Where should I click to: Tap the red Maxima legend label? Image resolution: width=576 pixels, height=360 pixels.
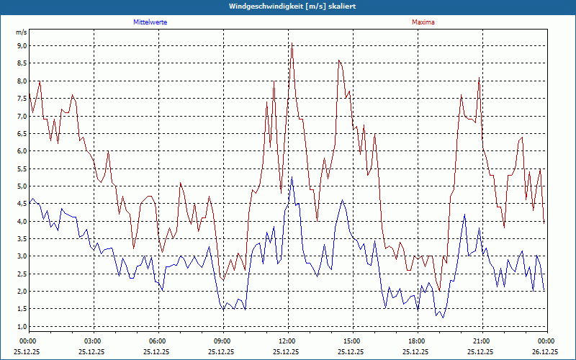(x=423, y=22)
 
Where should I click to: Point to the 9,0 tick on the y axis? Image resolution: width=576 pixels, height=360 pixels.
(x=22, y=45)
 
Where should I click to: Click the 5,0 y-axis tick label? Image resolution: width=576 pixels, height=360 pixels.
(x=22, y=186)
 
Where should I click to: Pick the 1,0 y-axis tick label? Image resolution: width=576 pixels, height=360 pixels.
(x=22, y=327)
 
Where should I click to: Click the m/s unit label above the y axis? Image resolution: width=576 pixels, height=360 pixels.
(x=21, y=33)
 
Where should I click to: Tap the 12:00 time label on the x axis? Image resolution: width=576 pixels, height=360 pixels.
(x=287, y=341)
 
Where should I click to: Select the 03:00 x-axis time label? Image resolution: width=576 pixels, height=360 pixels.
(x=93, y=341)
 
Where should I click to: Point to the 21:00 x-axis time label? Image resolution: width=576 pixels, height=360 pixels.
(x=481, y=341)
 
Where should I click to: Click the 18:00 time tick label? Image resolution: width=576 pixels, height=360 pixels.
(x=416, y=341)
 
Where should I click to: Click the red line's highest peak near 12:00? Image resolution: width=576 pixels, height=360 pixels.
(x=292, y=45)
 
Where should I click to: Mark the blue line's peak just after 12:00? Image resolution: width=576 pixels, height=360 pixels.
(x=291, y=177)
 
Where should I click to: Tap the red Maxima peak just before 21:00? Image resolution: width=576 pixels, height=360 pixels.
(x=478, y=78)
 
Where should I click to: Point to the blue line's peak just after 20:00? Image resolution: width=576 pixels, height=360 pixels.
(x=464, y=214)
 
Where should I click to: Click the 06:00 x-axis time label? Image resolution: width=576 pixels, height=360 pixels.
(x=158, y=341)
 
